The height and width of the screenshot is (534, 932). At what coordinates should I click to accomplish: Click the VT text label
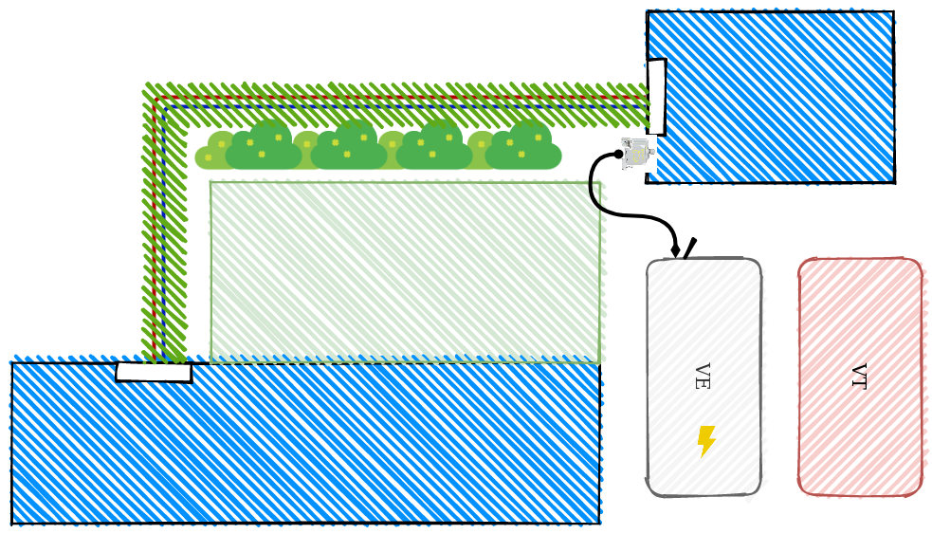click(859, 377)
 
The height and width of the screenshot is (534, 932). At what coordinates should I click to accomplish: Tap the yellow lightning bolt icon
click(706, 441)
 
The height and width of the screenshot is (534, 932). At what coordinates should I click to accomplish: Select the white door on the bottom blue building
click(154, 372)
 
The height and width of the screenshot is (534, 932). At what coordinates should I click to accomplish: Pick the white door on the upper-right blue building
click(656, 97)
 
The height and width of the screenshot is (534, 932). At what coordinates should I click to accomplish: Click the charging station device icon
click(638, 154)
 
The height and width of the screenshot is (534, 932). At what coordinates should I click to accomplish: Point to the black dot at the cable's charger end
click(619, 154)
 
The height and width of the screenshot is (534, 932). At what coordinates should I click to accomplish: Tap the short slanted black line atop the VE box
click(689, 249)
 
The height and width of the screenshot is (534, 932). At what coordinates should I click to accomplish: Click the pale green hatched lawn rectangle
click(405, 272)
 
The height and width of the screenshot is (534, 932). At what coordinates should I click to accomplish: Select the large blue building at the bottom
click(305, 443)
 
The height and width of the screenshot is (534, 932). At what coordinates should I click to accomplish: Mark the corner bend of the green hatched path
click(159, 101)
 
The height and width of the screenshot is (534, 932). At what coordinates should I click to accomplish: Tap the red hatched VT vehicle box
click(860, 377)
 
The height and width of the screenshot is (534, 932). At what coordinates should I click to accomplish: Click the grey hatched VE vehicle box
click(704, 377)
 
